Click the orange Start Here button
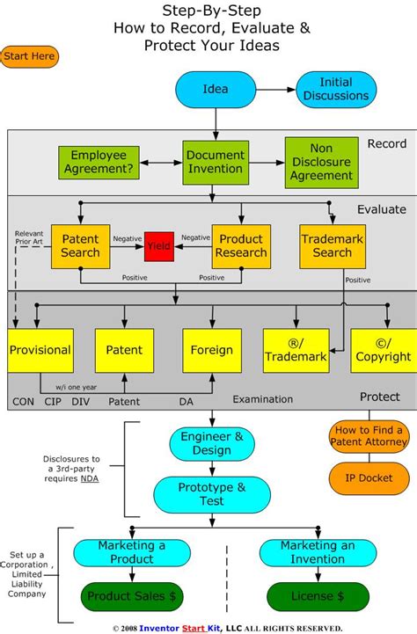[x=30, y=57]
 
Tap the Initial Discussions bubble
[x=336, y=89]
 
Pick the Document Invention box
[x=216, y=162]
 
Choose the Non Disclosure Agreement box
[x=319, y=162]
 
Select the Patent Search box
[x=80, y=246]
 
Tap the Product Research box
[x=240, y=246]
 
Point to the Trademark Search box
[x=332, y=246]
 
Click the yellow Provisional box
[x=40, y=350]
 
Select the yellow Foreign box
[x=211, y=350]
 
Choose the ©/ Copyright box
[x=383, y=350]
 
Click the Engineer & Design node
[x=206, y=443]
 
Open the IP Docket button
[x=368, y=477]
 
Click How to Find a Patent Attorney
[x=368, y=437]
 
